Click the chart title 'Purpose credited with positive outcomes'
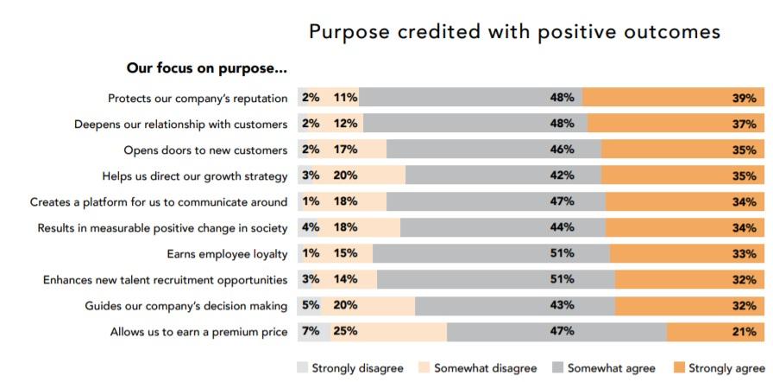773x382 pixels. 514,32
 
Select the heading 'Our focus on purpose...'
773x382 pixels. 207,68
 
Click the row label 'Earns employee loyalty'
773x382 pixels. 227,254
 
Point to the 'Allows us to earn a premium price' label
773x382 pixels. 198,332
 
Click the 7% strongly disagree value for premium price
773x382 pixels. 311,332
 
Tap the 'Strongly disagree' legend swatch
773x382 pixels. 302,368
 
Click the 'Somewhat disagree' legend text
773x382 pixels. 485,368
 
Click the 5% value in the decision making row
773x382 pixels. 311,306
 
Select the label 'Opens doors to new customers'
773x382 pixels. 205,150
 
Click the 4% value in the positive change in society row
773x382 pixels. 311,228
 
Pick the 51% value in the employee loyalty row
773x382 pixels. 562,254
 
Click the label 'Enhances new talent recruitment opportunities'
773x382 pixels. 166,280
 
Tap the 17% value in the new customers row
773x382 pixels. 346,150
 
